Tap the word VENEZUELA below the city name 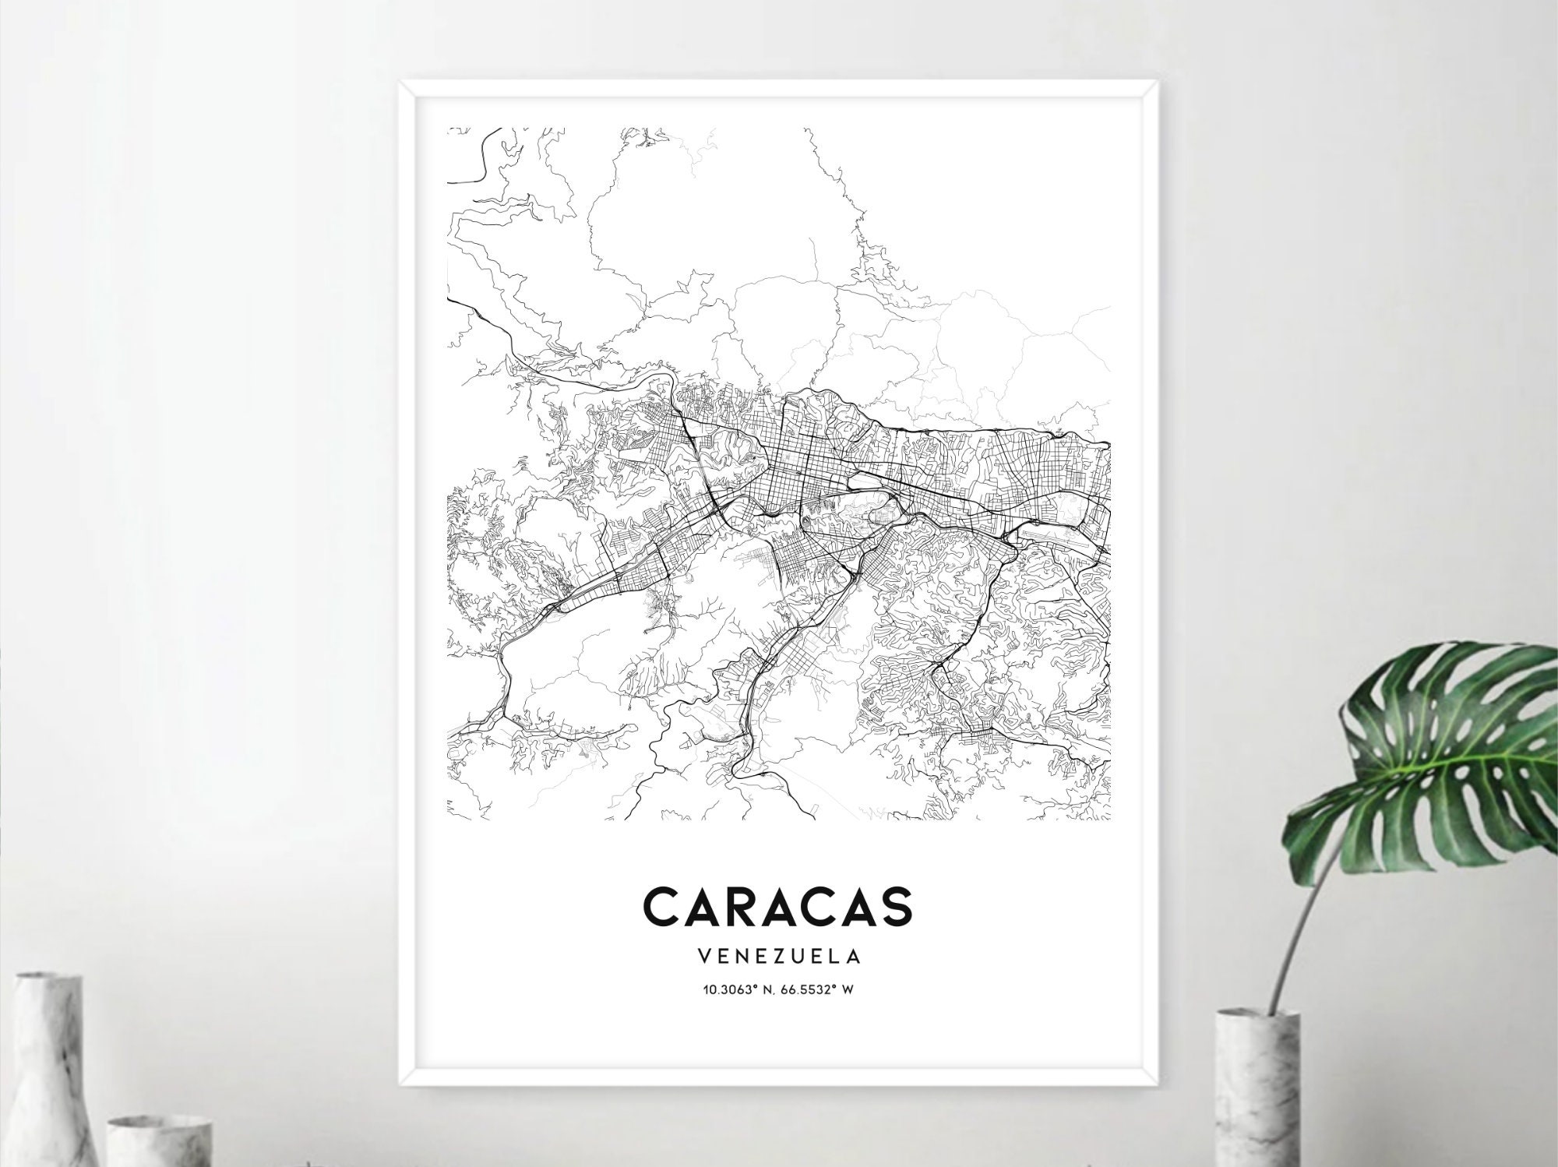[x=778, y=954]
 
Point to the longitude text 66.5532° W [x=827, y=990]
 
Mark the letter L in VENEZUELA [x=831, y=954]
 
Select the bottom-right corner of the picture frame [x=1158, y=1084]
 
